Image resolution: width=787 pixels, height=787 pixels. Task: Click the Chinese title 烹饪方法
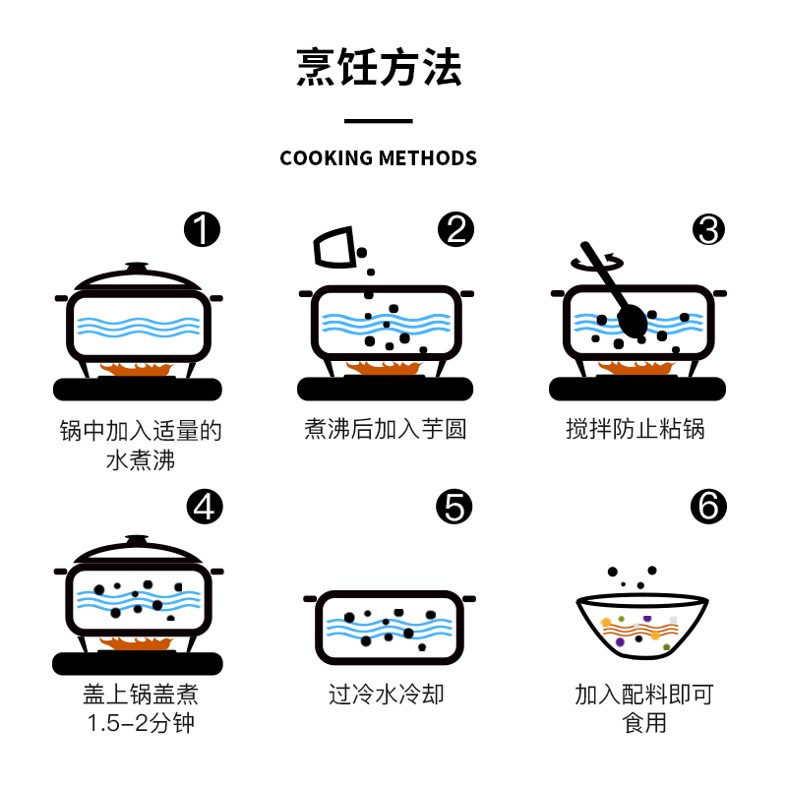tap(379, 68)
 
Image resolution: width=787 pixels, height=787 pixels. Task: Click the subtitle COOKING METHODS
tap(379, 158)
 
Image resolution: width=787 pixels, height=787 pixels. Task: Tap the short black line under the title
tap(379, 121)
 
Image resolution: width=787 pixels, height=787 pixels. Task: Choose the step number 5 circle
tap(455, 508)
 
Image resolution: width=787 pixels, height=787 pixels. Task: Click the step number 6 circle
tap(707, 508)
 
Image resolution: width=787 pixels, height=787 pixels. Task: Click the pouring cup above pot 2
tap(333, 247)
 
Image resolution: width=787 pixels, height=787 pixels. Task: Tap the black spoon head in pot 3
tap(632, 319)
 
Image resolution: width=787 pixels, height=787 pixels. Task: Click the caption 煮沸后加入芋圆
tap(385, 430)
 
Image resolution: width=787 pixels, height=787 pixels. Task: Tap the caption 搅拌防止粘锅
tap(636, 430)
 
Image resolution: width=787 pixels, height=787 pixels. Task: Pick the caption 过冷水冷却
tap(387, 695)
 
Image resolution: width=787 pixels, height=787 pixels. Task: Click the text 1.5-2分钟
tap(137, 723)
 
